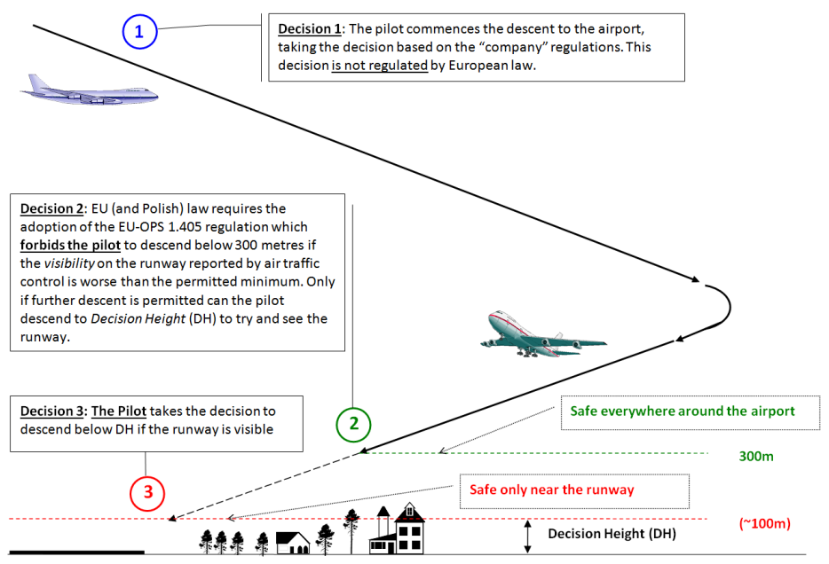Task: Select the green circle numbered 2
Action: coord(353,423)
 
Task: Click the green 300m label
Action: coord(756,457)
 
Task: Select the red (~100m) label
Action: coord(764,523)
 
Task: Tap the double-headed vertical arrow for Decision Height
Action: coord(528,537)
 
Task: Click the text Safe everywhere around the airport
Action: coord(682,411)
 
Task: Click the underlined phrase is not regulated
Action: coord(380,65)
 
